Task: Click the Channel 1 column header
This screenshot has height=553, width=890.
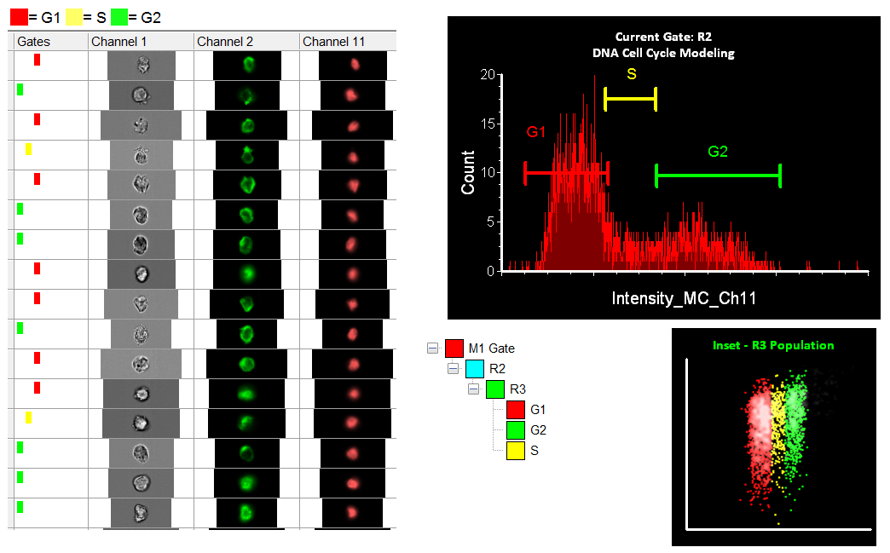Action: [119, 41]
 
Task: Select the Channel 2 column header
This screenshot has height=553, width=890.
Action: [224, 41]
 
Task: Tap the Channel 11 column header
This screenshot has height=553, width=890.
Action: [333, 41]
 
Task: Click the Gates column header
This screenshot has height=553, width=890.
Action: [34, 41]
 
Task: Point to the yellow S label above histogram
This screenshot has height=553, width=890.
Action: [631, 74]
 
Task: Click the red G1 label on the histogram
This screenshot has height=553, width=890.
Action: [535, 132]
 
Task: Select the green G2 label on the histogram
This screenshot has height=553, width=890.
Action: [717, 152]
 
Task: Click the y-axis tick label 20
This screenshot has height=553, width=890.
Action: [488, 74]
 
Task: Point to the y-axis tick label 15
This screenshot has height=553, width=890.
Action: [488, 124]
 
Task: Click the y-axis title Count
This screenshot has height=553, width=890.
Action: [469, 173]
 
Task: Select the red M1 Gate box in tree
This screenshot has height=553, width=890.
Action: [454, 349]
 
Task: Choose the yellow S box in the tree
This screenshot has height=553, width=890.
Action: [515, 449]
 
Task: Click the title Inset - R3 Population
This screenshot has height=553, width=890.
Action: [773, 345]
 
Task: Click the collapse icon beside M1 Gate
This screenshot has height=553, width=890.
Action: [432, 349]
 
